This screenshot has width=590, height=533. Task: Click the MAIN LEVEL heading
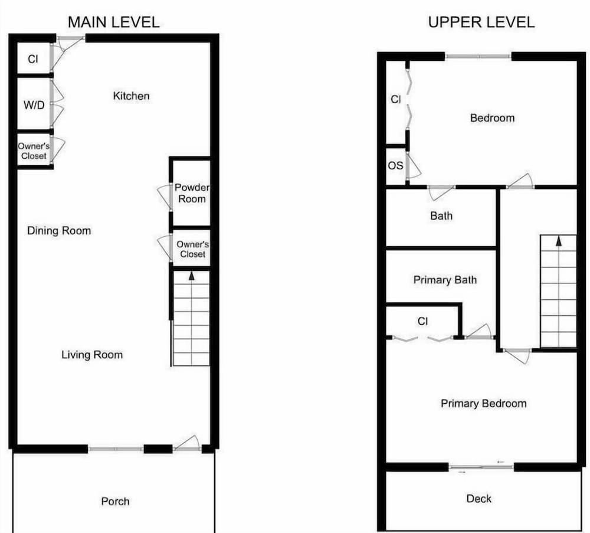point(114,22)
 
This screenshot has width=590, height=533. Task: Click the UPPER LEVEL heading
point(481,22)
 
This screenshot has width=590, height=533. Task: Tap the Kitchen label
point(132,96)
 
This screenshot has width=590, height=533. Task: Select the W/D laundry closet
point(34,104)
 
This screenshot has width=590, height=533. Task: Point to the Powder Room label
point(192,193)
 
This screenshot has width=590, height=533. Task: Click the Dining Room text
point(59,230)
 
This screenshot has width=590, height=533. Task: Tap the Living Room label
point(92,355)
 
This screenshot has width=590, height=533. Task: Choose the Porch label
point(115,501)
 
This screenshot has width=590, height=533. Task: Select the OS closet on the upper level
point(395,166)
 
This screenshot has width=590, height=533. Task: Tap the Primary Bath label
point(445,280)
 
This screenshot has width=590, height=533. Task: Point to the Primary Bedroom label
point(484,404)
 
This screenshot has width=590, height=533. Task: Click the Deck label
point(479,499)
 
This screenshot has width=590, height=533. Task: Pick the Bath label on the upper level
point(441,215)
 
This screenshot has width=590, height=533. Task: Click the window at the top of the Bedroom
point(478,57)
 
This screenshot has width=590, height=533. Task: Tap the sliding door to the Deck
point(481,467)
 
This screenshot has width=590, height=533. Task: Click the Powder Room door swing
point(164,197)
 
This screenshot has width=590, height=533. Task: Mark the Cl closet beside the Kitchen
point(33,59)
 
